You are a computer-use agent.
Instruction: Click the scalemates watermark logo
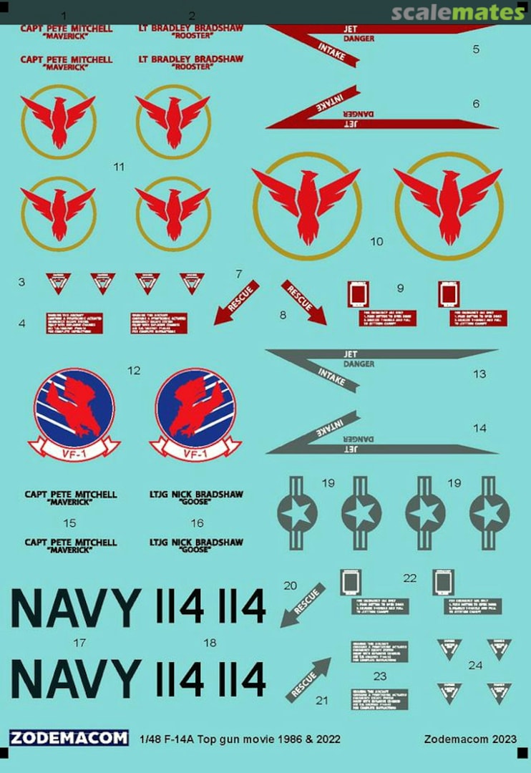(458, 12)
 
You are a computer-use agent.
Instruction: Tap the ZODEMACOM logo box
(69, 739)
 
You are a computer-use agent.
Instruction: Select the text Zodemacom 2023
(469, 739)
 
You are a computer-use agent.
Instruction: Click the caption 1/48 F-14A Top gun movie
(240, 739)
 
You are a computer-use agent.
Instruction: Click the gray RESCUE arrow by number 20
(303, 605)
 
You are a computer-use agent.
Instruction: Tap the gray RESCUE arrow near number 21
(308, 679)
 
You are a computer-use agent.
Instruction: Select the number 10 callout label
(376, 242)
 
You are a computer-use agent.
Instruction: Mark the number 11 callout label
(119, 167)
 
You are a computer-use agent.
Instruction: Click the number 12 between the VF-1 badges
(134, 371)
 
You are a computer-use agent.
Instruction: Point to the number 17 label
(79, 643)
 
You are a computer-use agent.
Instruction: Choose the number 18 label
(210, 643)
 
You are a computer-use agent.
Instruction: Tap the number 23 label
(380, 676)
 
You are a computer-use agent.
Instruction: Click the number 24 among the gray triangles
(475, 665)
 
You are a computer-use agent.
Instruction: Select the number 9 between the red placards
(401, 288)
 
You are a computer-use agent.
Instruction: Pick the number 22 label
(409, 578)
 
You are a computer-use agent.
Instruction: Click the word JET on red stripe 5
(351, 29)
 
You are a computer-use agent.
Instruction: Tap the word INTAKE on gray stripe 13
(331, 376)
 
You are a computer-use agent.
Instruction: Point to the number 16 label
(198, 524)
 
